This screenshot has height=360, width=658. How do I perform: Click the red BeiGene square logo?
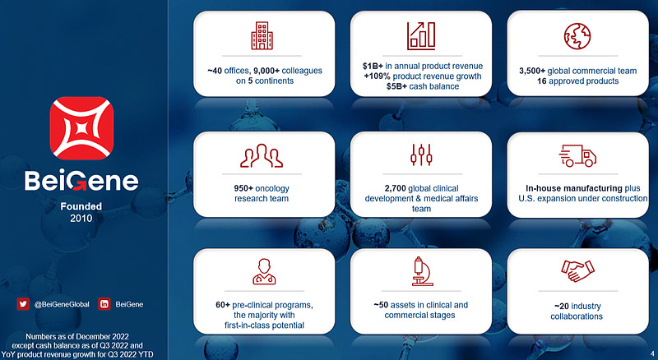point(81,128)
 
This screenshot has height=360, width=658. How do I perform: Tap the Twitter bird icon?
point(23,304)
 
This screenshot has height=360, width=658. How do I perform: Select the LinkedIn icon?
point(104,304)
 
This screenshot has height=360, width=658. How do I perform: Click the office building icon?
point(262,35)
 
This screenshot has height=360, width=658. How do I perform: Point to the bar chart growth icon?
point(421,35)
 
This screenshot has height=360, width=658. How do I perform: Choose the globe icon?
point(577,35)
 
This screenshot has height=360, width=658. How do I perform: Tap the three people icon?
point(262,155)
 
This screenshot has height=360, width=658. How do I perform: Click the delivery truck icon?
point(577,155)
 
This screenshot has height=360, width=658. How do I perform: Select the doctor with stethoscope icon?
point(264,271)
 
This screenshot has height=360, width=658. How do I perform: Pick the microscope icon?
point(421,271)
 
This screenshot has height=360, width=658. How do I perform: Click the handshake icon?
point(578,270)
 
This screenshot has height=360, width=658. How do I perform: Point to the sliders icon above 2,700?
point(421,155)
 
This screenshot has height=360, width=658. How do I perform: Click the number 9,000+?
point(266,71)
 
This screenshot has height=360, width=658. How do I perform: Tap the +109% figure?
point(377,76)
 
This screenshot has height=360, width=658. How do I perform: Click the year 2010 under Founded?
point(81,218)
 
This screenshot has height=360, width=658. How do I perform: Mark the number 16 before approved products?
point(541,81)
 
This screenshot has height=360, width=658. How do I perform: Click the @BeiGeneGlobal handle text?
point(62,304)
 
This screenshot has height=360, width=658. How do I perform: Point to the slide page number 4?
point(652,353)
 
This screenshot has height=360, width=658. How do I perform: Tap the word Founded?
point(81,206)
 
